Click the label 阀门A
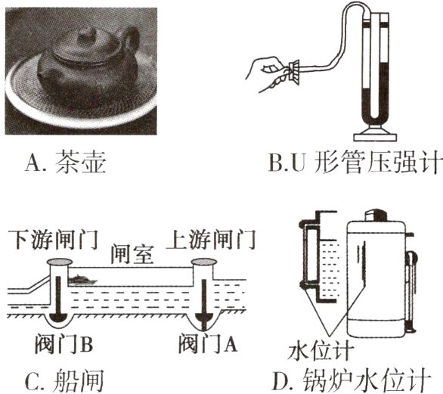204,345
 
